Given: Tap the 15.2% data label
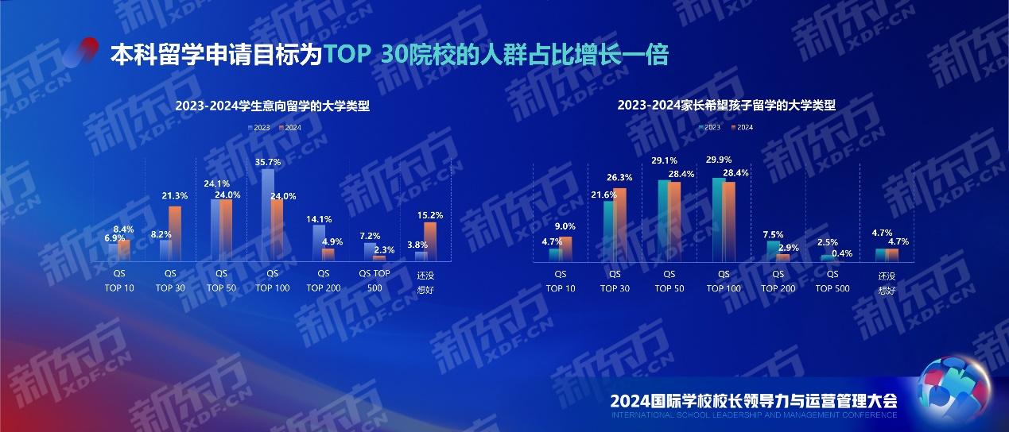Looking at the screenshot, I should tap(429, 214).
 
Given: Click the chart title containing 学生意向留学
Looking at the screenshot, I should tap(273, 106).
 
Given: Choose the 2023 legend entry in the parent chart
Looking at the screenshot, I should tap(710, 127).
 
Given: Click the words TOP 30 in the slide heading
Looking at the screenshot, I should tap(367, 56).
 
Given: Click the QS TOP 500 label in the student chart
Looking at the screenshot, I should tap(374, 280).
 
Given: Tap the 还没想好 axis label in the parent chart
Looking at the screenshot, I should tap(887, 282).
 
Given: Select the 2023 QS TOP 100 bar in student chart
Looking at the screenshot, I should tap(267, 214).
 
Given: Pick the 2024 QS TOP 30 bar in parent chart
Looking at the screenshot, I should tap(620, 224).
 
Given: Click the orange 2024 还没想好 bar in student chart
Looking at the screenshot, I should tap(430, 241).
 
